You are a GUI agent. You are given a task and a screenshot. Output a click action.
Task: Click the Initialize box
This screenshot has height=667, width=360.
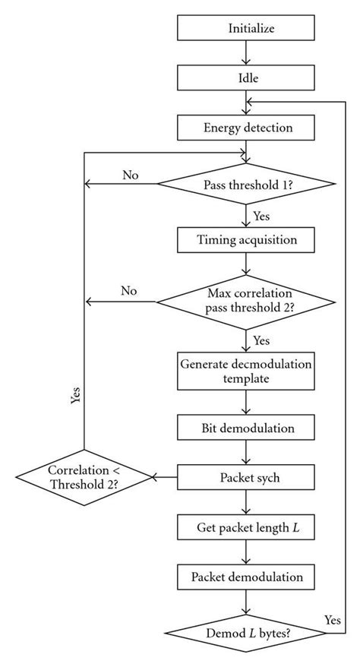245,28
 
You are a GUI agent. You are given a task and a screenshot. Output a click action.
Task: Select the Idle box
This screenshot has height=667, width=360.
245,77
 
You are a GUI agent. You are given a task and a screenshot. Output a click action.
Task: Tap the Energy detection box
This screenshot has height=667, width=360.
245,127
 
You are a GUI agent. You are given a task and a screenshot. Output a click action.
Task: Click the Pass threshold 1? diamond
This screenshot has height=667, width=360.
245,184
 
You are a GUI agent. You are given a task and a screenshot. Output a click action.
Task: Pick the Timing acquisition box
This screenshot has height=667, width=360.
245,240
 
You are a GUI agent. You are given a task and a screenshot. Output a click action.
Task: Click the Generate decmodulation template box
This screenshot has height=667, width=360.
245,368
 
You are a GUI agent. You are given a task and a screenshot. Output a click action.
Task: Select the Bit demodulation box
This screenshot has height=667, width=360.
245,428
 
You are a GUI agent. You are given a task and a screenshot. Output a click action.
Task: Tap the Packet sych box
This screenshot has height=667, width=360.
245,477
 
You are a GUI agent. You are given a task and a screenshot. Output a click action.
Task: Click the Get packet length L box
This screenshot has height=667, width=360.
245,526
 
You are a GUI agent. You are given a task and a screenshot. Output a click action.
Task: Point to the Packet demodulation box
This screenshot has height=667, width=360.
245,577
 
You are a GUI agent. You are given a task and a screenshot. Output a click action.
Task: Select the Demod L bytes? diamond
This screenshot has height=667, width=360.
245,632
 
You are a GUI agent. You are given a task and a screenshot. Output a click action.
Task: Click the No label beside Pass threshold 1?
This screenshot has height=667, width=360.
130,175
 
